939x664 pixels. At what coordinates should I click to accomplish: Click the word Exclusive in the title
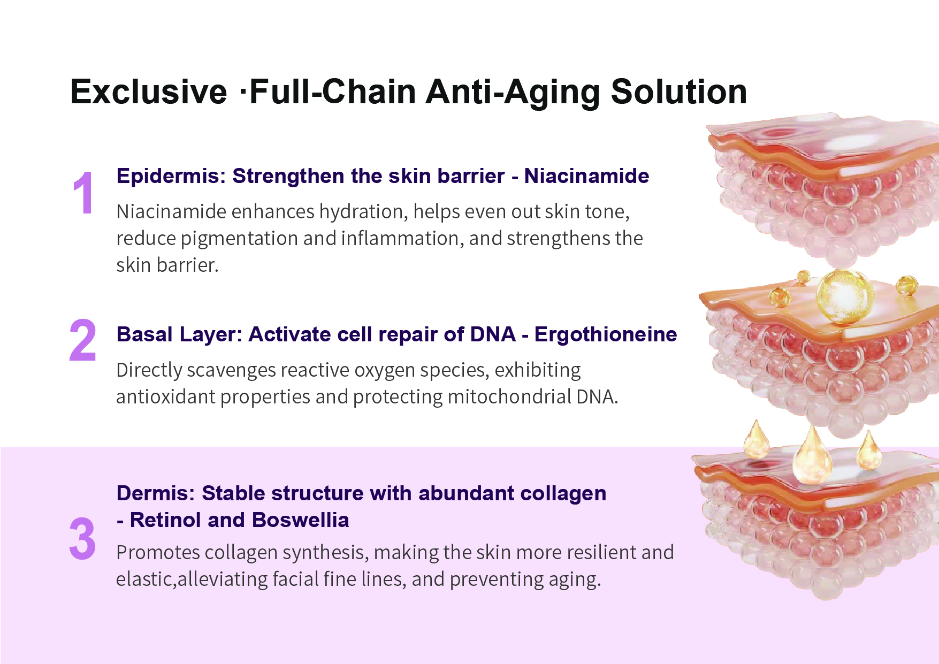click(x=149, y=91)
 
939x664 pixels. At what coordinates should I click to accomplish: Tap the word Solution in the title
click(x=679, y=91)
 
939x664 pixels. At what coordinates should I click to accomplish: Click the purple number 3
click(x=82, y=539)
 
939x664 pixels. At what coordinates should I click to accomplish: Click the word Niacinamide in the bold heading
click(x=586, y=176)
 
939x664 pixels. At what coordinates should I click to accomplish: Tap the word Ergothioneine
click(x=606, y=334)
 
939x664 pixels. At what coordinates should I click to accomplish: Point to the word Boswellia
click(x=300, y=520)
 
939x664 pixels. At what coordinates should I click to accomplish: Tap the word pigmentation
click(x=239, y=239)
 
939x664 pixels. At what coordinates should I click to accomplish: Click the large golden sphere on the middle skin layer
click(x=844, y=296)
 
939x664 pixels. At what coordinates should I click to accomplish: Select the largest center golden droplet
click(x=812, y=454)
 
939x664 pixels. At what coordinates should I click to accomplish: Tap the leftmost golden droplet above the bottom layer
click(x=757, y=439)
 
